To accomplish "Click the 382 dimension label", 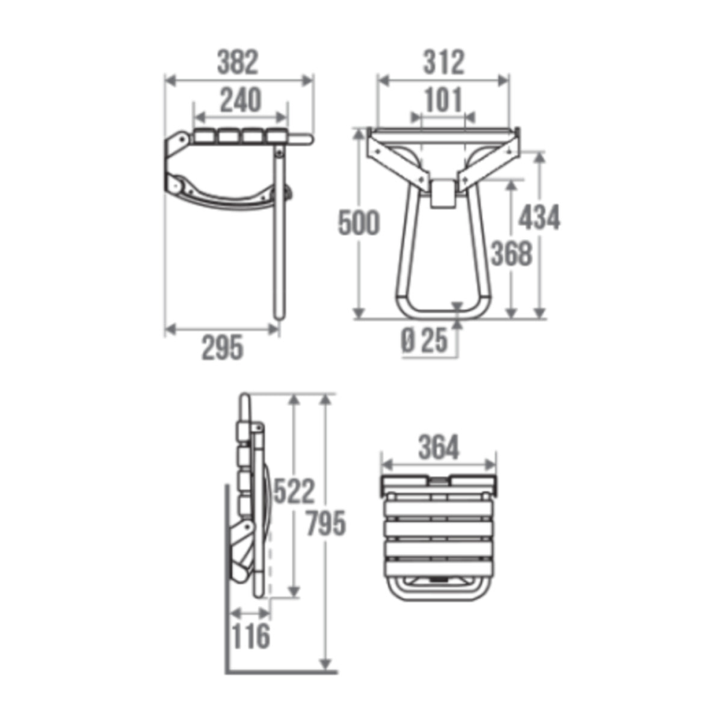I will pos(238,62).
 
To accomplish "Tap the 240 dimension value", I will pos(240,100).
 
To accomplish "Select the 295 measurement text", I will pos(222,348).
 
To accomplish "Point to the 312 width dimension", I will pos(443,62).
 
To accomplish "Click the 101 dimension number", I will pos(443,100).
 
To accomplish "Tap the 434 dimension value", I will pos(539,217).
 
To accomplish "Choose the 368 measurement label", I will pos(511,253).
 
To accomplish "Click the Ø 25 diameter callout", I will pos(424,342).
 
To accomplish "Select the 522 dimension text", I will pos(294,491).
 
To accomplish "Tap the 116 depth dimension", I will pos(250,636).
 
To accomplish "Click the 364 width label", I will pos(439,448).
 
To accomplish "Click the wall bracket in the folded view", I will pos(241,551).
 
